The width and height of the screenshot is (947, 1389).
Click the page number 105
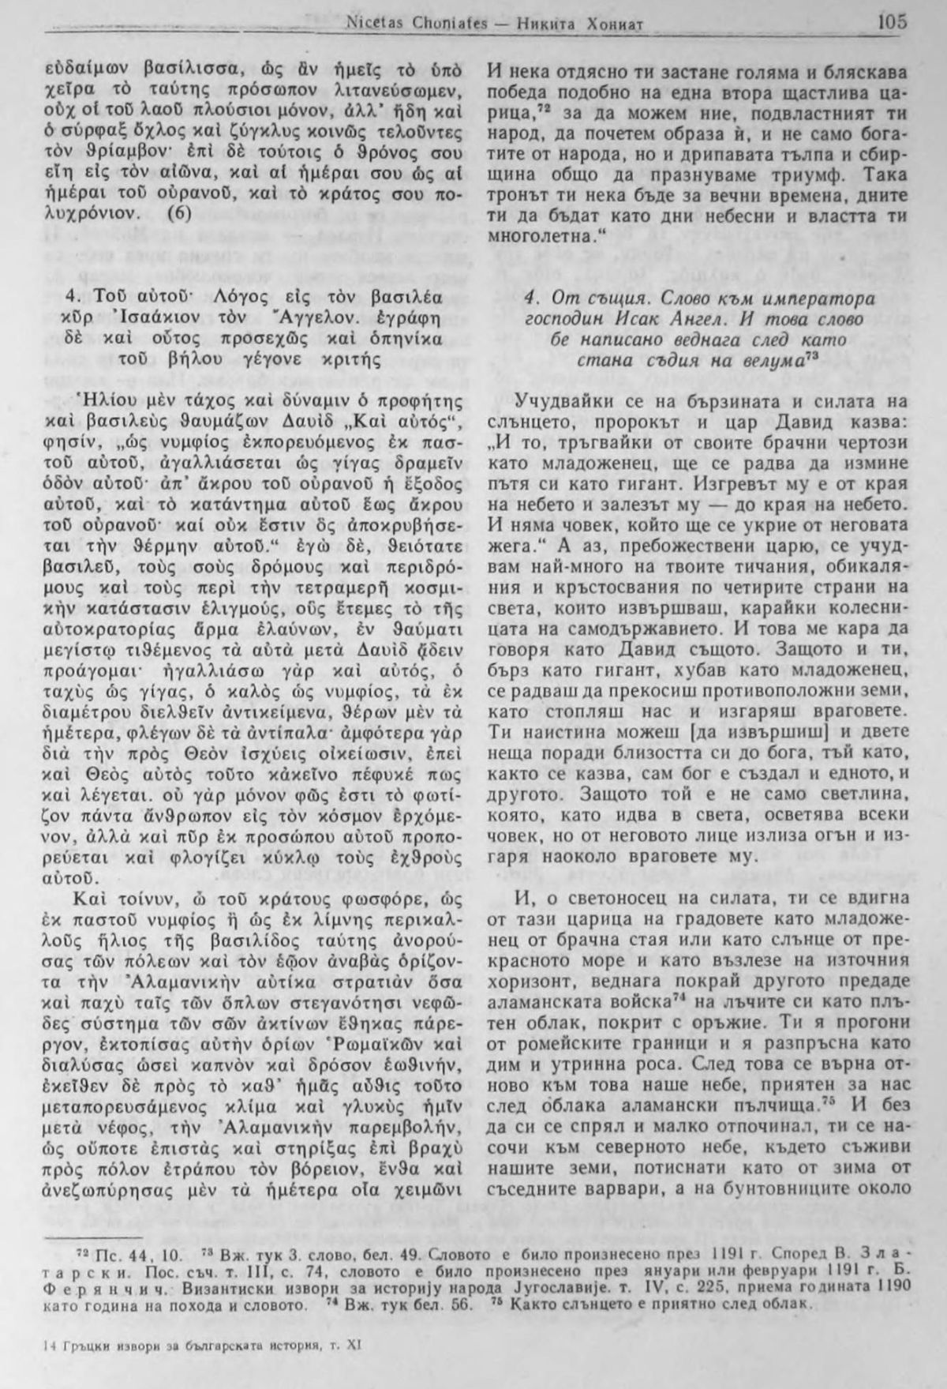click(x=891, y=21)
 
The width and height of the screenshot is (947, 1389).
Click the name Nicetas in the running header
click(x=374, y=24)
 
